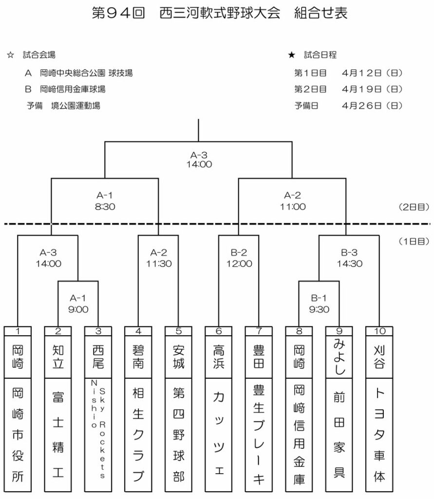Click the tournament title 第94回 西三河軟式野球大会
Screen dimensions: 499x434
coord(187,13)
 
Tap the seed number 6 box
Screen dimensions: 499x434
coord(219,331)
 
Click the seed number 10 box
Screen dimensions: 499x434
coord(379,331)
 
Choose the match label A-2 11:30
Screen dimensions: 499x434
coord(158,257)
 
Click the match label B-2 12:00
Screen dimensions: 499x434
coord(239,257)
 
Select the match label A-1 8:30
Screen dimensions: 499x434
coord(105,200)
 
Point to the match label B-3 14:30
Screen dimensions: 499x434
coord(350,257)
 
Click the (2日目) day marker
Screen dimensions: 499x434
coord(413,207)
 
